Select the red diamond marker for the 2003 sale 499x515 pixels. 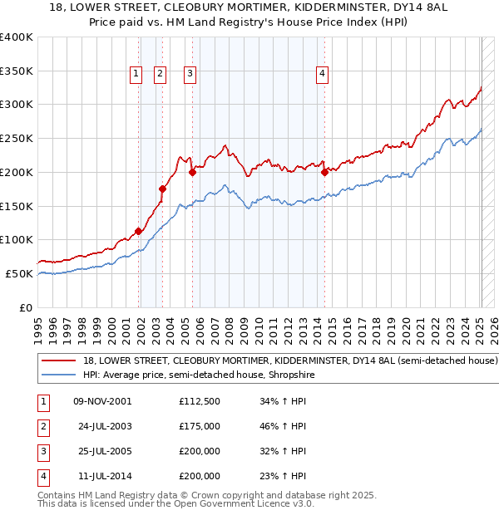pos(163,189)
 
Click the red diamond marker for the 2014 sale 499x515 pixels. pos(324,173)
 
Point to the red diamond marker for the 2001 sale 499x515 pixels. pos(138,232)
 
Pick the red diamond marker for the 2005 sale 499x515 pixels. pos(192,173)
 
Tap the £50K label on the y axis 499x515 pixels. pos(19,273)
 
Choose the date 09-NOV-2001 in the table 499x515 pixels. pos(103,401)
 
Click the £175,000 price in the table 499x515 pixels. pos(200,426)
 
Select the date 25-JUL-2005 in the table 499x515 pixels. pos(103,451)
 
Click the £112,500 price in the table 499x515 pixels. pos(200,401)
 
